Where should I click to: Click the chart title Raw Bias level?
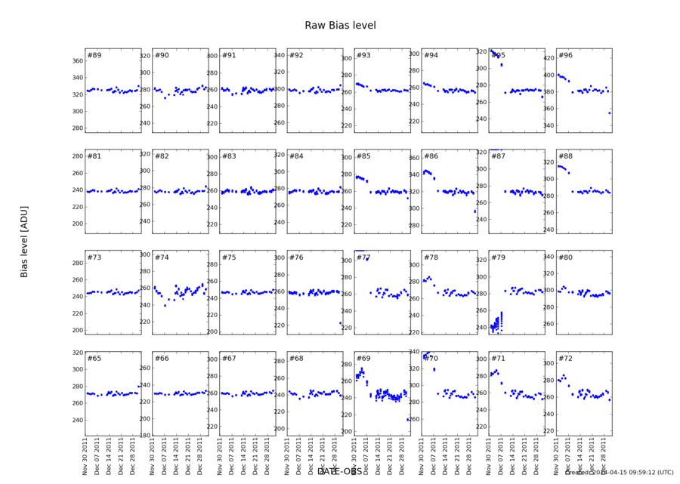coord(340,26)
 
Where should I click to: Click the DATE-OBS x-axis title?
coord(340,471)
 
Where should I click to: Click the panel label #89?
coord(94,56)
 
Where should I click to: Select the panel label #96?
coord(565,56)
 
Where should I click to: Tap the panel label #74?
coord(162,257)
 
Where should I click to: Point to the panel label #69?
coord(363,358)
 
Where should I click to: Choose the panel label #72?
coord(565,358)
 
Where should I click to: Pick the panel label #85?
coord(363,156)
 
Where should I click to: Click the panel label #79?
coord(498,257)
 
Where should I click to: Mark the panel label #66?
coord(162,358)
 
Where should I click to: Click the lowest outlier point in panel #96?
coord(610,113)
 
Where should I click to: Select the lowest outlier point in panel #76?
coord(340,323)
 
